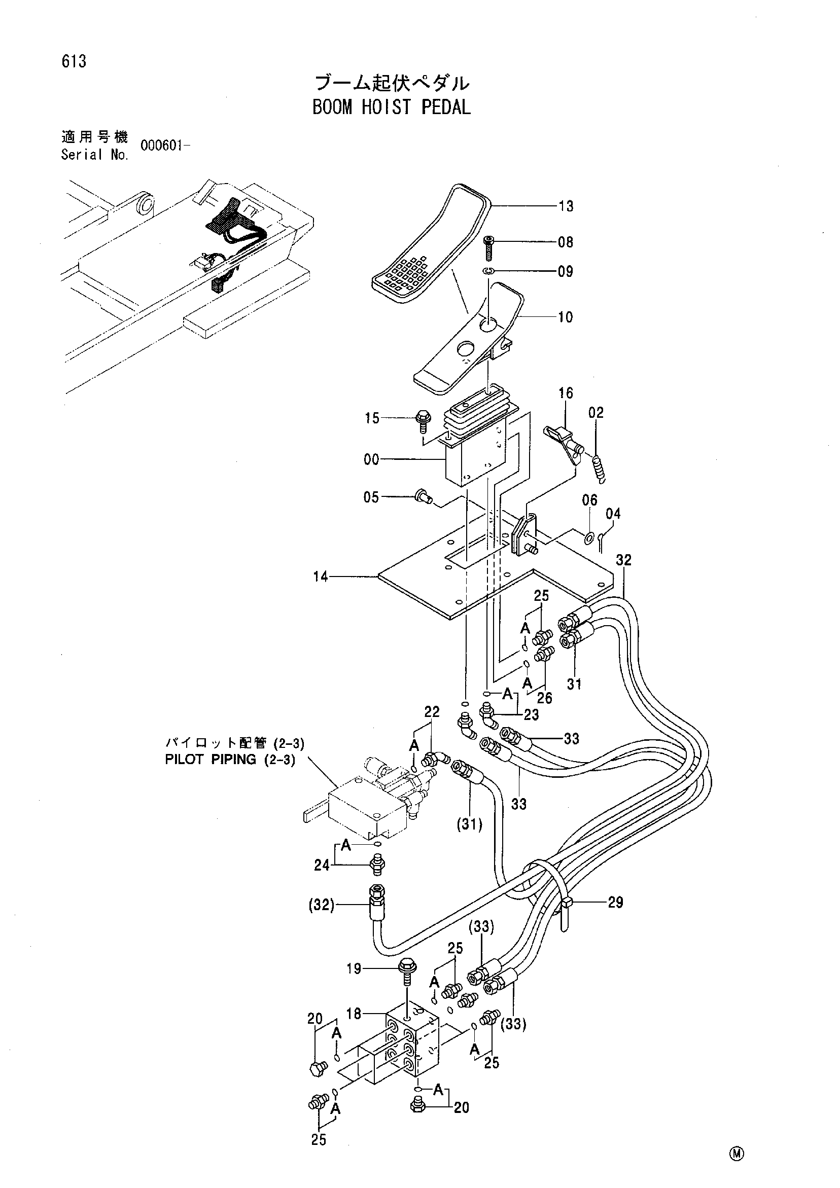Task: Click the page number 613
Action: (x=74, y=61)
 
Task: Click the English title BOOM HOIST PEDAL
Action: (x=391, y=107)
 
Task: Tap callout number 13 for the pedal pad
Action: (x=566, y=206)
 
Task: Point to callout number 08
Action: (x=566, y=242)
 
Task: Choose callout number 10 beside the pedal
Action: (x=566, y=317)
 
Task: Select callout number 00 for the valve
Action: (x=371, y=459)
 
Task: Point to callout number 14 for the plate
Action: (x=321, y=577)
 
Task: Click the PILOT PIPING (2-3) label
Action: (x=230, y=760)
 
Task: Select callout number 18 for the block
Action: (x=354, y=1014)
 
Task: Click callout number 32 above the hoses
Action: (x=624, y=560)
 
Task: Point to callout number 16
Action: (x=566, y=393)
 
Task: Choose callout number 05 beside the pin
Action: (x=371, y=498)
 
